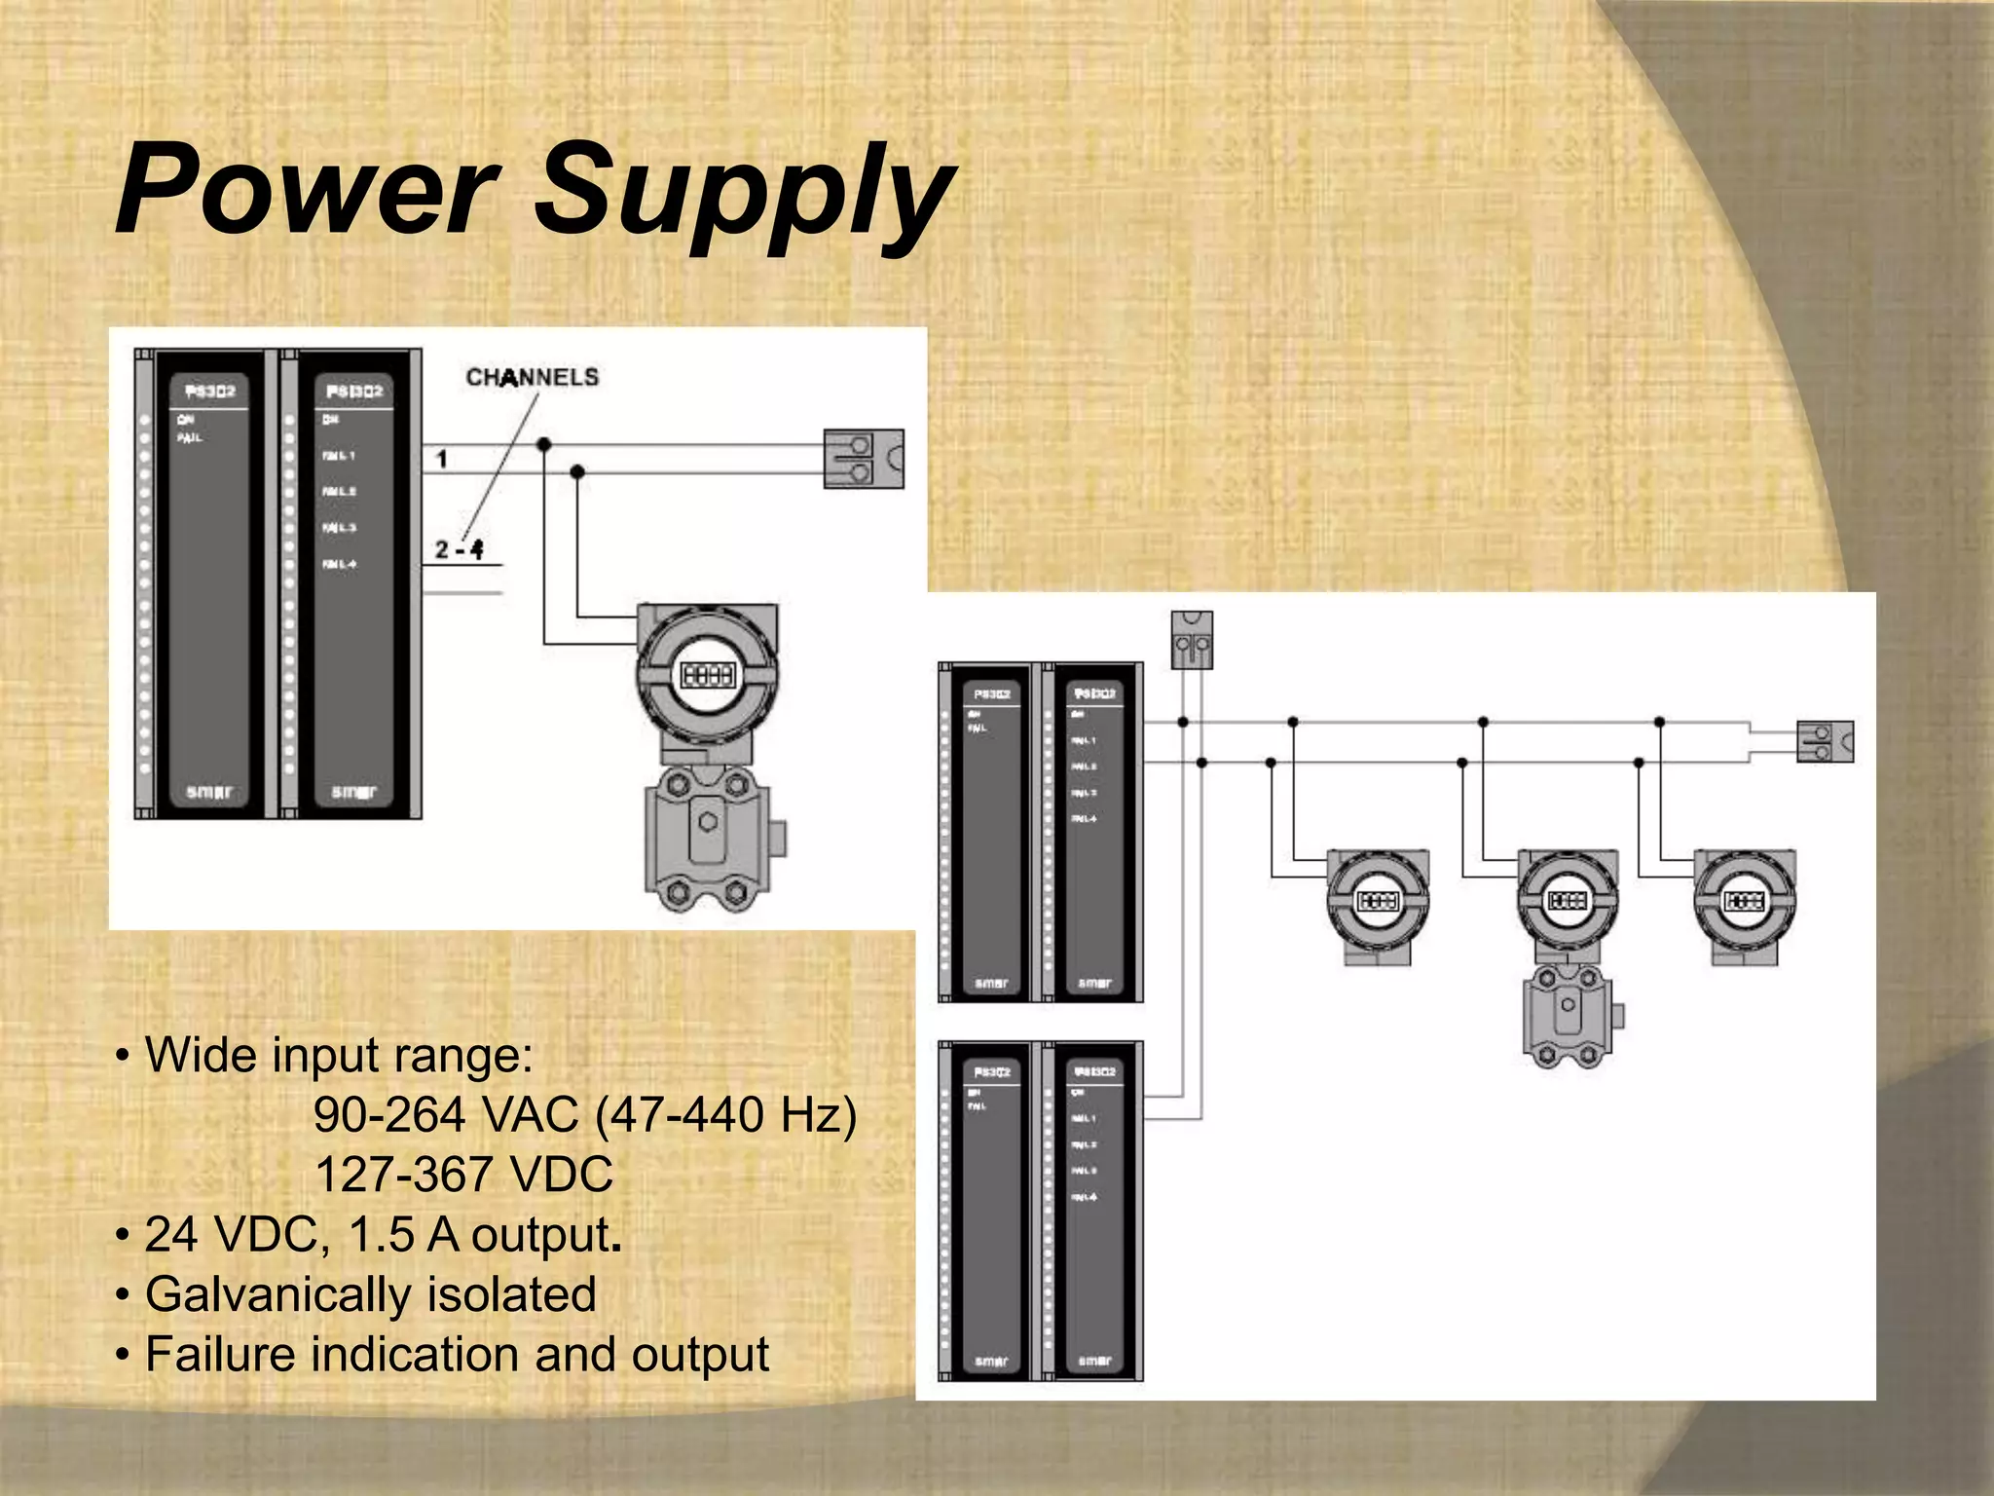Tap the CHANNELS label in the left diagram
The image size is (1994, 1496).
(532, 377)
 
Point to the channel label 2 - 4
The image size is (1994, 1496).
(460, 549)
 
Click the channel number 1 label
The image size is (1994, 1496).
(442, 459)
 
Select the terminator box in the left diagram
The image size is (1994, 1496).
(863, 459)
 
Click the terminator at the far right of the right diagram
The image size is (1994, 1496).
(1824, 742)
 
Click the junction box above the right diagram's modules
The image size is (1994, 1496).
(1192, 640)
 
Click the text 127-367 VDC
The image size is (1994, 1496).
(463, 1175)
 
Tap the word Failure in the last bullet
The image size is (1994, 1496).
(219, 1355)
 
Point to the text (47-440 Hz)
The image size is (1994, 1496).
(725, 1115)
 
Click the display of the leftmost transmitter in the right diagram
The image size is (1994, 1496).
(1378, 901)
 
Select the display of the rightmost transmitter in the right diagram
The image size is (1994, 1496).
(1744, 901)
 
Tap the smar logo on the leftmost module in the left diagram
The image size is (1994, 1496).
(209, 792)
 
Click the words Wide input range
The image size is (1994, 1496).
(338, 1055)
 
